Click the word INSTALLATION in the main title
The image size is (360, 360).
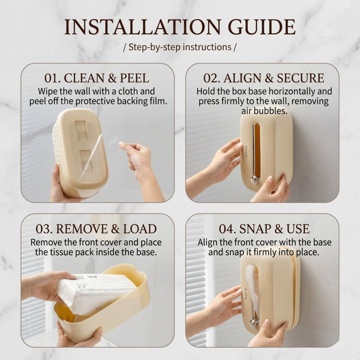tap(142, 27)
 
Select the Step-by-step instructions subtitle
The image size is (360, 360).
tap(180, 47)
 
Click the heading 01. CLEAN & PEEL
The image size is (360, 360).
tap(97, 78)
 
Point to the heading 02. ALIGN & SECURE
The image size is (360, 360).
tap(264, 78)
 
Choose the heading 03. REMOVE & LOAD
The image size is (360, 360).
tap(96, 229)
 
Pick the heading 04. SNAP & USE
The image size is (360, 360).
tap(264, 229)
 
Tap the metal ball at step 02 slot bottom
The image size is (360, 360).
tap(255, 180)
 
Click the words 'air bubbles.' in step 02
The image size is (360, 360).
tap(264, 111)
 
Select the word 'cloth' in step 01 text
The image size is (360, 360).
tap(127, 91)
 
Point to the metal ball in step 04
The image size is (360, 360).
tap(254, 323)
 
